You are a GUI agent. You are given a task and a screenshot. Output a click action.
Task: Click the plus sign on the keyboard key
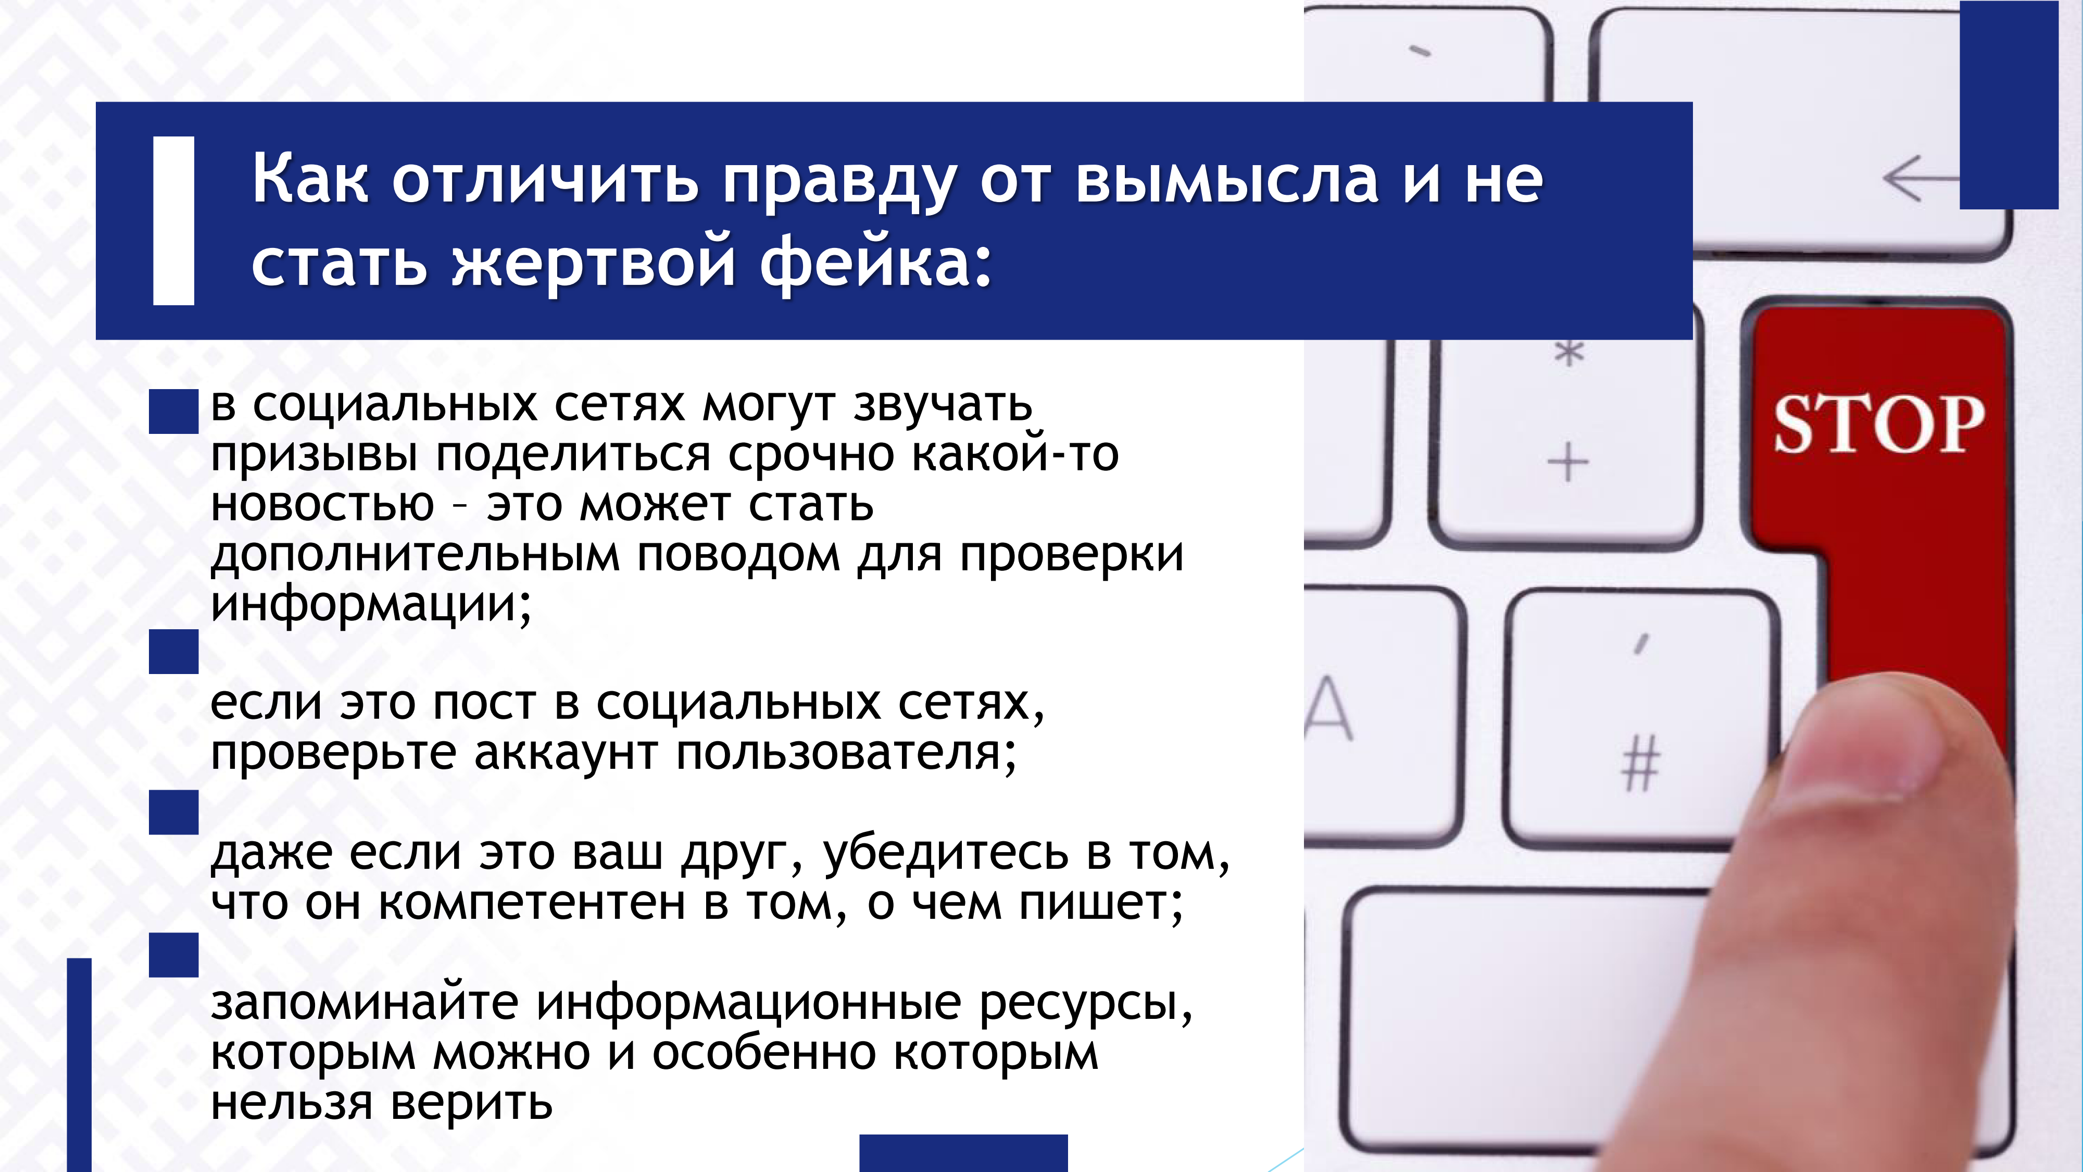coord(1568,463)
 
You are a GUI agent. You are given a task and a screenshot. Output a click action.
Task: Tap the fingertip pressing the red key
coord(1884,744)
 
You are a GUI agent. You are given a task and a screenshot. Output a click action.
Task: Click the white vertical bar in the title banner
coord(174,221)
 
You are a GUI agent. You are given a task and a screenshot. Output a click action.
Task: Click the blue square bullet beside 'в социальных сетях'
coord(174,412)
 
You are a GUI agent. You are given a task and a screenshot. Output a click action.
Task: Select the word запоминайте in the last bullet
coord(365,1003)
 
